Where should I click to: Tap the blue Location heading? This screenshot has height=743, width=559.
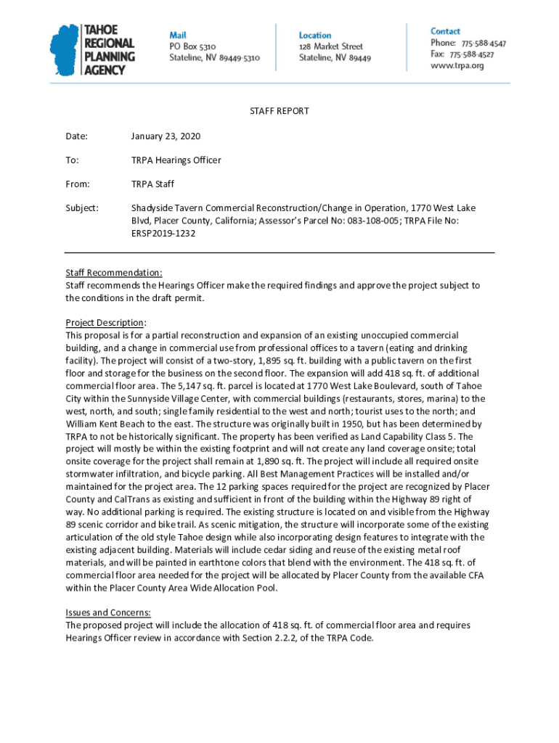pos(315,35)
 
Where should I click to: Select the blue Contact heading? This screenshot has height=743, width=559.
pos(445,31)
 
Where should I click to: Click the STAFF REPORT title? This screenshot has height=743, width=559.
pos(279,111)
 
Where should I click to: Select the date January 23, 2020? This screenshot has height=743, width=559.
pos(166,136)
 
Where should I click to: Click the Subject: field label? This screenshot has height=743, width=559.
pos(82,208)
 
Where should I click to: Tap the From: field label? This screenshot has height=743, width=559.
pos(78,184)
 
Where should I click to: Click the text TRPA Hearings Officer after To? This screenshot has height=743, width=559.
pos(176,160)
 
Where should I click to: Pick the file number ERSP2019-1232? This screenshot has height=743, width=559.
pos(163,233)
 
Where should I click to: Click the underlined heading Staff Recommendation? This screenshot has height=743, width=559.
pos(114,274)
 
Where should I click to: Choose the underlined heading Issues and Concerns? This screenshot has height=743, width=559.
pos(108,612)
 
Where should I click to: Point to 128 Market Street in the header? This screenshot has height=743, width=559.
pos(331,46)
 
